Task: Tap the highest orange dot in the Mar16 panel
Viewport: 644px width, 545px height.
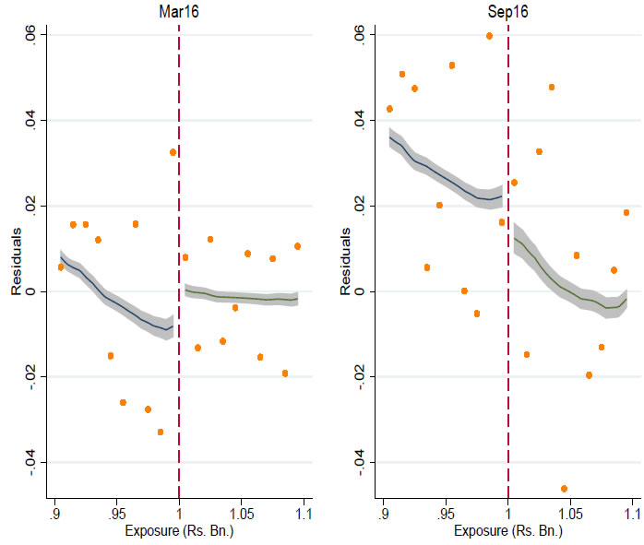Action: pyautogui.click(x=173, y=152)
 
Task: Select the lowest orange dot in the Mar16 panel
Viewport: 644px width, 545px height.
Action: pyautogui.click(x=161, y=432)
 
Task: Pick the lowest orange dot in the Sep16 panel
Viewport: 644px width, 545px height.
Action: pyautogui.click(x=564, y=489)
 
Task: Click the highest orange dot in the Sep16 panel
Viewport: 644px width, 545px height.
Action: pyautogui.click(x=489, y=36)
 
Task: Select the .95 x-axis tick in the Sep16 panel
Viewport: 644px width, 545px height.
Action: pyautogui.click(x=446, y=514)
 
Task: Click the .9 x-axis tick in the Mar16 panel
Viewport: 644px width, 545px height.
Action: pyautogui.click(x=55, y=514)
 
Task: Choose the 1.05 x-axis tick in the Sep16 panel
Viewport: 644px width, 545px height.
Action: pyautogui.click(x=569, y=514)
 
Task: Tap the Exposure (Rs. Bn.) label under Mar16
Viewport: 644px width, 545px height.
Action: pyautogui.click(x=178, y=534)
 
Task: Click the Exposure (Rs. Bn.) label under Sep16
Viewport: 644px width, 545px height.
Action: pyautogui.click(x=507, y=534)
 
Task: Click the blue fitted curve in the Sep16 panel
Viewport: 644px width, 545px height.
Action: pyautogui.click(x=443, y=176)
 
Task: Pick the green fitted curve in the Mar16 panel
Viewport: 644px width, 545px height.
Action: pyautogui.click(x=240, y=298)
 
